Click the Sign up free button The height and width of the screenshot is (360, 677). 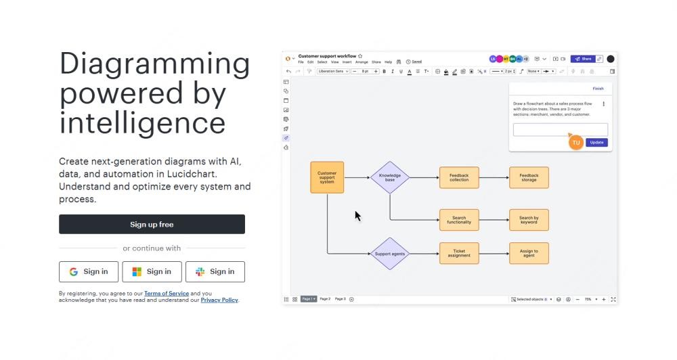(152, 225)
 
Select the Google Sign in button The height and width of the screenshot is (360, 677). (89, 272)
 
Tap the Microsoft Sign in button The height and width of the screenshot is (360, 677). (152, 272)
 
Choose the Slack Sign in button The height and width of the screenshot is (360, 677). (215, 272)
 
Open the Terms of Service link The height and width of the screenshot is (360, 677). (167, 294)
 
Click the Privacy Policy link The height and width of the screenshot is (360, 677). (219, 300)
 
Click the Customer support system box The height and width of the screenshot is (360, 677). (327, 177)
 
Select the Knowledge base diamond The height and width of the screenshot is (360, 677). (390, 177)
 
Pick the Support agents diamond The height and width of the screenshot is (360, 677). (390, 254)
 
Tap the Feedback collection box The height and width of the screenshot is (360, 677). (459, 177)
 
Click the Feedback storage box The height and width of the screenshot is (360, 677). (529, 177)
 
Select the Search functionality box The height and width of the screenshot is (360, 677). (459, 220)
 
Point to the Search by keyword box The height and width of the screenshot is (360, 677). (529, 220)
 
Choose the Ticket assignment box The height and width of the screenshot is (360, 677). (459, 254)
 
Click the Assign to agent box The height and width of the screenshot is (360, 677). (529, 254)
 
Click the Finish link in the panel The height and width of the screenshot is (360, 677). (598, 89)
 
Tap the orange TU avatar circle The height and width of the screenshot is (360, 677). (576, 143)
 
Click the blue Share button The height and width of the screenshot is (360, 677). (582, 59)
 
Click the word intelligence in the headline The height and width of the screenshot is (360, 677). (142, 123)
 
